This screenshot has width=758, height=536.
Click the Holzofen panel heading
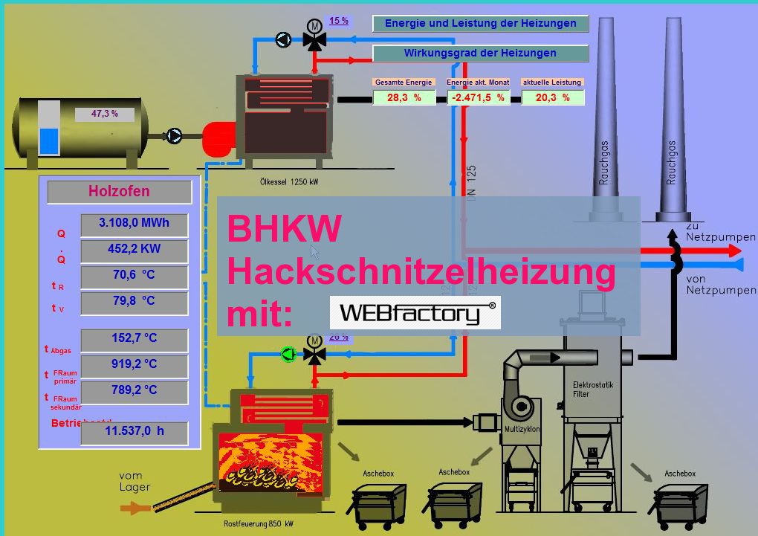click(x=119, y=192)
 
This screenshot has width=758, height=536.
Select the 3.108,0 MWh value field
click(x=134, y=223)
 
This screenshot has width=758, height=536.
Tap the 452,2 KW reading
click(x=134, y=249)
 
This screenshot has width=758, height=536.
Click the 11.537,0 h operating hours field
click(x=134, y=431)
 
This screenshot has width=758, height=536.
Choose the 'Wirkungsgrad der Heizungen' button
click(x=480, y=54)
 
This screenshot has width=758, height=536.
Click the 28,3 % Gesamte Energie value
click(x=404, y=97)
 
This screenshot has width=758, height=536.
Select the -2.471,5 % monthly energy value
click(x=479, y=97)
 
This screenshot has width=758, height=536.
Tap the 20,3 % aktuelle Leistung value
click(x=553, y=97)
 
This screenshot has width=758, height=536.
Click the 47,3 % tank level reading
click(x=105, y=114)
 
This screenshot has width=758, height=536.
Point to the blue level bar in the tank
click(x=49, y=141)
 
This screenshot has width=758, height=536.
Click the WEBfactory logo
click(x=415, y=313)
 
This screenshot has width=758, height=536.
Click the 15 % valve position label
click(x=339, y=21)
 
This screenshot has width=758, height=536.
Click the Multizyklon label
click(x=522, y=430)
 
